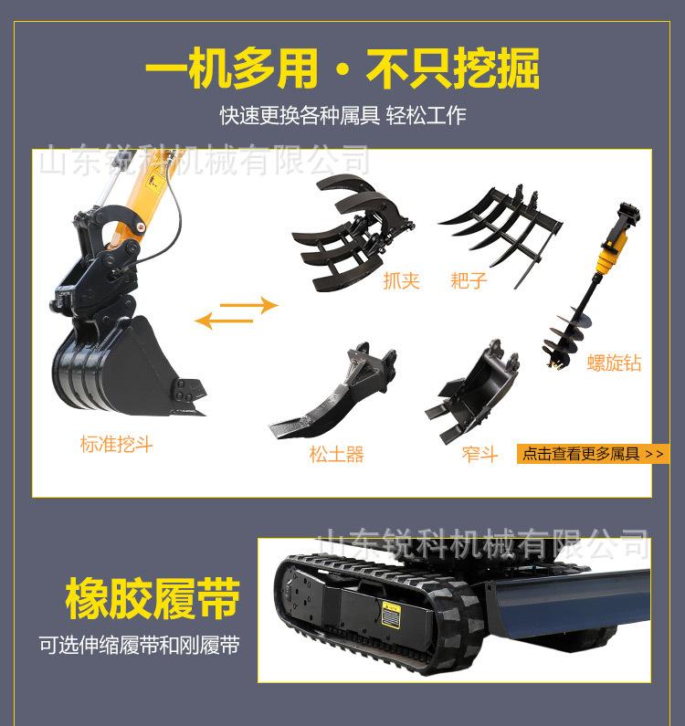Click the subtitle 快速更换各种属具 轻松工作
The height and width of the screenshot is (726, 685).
(342, 116)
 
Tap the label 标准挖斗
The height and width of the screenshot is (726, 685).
(116, 445)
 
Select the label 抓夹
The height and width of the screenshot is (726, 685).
(401, 280)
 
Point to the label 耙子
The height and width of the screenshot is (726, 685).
(469, 280)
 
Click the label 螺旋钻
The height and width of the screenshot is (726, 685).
(614, 363)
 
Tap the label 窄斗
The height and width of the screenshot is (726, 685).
(479, 454)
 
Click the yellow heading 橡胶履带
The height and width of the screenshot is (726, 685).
(153, 599)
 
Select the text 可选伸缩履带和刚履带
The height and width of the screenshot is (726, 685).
(139, 646)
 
